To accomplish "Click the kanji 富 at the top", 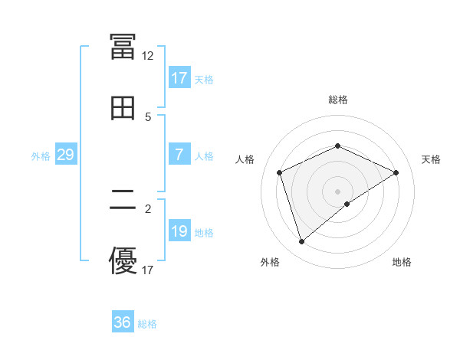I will (x=123, y=47).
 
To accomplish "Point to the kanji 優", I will (x=123, y=260).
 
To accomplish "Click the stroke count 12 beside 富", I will (x=147, y=55).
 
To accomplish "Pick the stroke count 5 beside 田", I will (x=148, y=116).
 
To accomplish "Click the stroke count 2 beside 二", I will (x=148, y=208).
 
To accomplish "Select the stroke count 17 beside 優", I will (x=147, y=270).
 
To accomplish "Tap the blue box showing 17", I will (x=179, y=78).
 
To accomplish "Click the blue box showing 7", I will (x=179, y=155).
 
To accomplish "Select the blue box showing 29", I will (x=65, y=155).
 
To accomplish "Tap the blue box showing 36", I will (x=122, y=322).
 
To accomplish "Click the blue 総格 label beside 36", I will (x=147, y=324).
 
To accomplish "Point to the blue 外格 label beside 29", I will (x=41, y=155).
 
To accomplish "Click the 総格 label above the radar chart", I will (x=337, y=100).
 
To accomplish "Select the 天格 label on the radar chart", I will (x=432, y=159).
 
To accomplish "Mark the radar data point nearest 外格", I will (x=301, y=242).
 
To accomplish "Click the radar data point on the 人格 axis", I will (x=280, y=172).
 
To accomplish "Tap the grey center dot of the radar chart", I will (x=337, y=191).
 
